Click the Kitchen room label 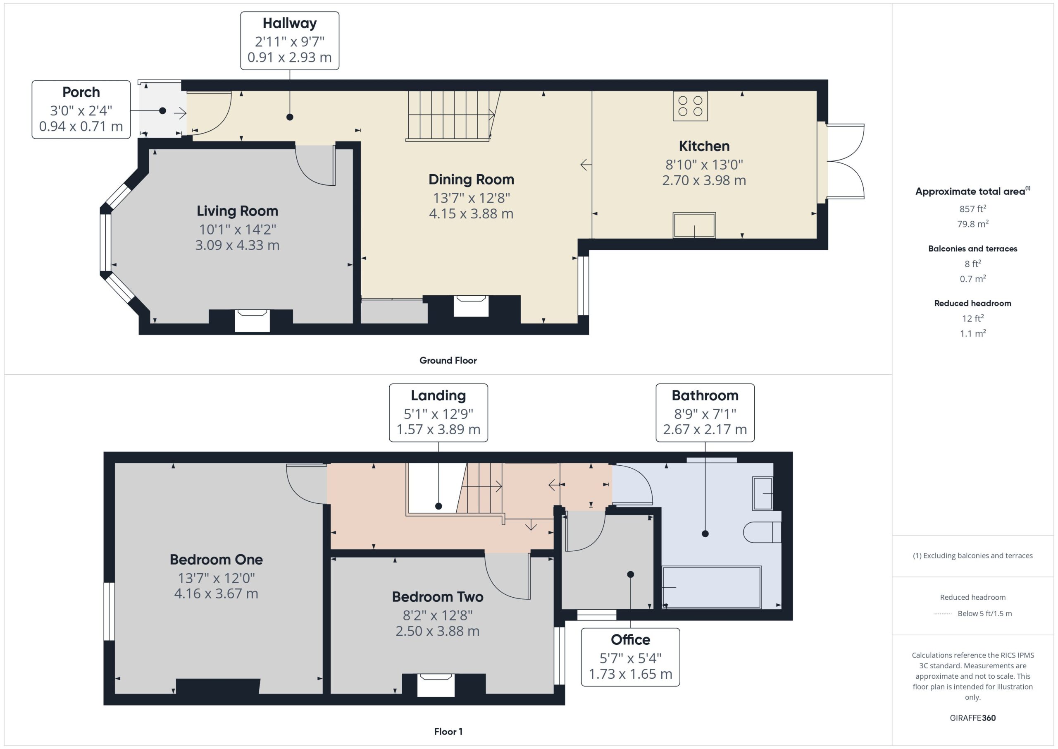click(704, 146)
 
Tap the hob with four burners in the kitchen click(690, 106)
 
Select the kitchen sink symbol click(694, 225)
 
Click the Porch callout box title click(81, 92)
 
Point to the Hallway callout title click(290, 23)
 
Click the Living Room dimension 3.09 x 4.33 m click(237, 245)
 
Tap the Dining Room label click(472, 179)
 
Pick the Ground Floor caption click(448, 360)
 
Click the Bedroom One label click(216, 560)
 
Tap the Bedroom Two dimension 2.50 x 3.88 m click(438, 631)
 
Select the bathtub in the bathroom click(712, 587)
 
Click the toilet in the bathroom click(762, 532)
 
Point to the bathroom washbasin click(763, 493)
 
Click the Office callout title click(630, 640)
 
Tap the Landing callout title click(438, 395)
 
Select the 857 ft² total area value click(973, 208)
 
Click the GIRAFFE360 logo click(973, 718)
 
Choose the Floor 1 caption click(448, 732)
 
